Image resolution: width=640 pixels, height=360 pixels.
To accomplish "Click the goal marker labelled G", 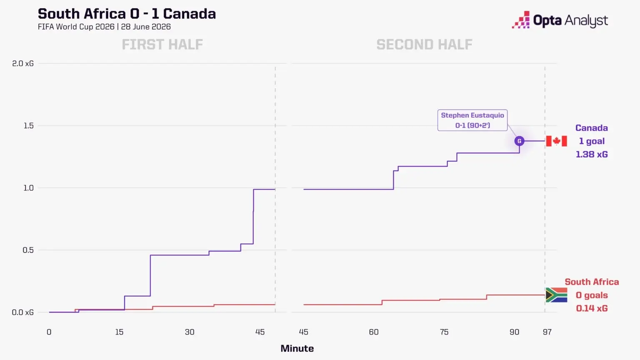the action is [519, 141].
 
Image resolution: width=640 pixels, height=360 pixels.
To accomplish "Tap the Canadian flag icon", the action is [556, 141].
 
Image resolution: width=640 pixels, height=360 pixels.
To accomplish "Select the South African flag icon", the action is [556, 295].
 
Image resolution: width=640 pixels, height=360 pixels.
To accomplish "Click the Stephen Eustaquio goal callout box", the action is [472, 120].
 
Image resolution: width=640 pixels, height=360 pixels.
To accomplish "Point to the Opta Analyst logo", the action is [560, 20].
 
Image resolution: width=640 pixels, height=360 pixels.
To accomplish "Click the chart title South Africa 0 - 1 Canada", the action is [127, 14].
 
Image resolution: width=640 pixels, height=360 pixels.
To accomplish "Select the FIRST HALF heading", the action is [162, 45].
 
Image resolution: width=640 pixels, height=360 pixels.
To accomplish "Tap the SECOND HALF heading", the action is [424, 45].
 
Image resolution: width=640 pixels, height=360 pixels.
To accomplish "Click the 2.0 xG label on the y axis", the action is [23, 63].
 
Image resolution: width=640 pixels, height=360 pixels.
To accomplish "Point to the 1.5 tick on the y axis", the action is [28, 126].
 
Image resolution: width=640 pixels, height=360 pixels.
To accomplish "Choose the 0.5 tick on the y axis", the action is [28, 250].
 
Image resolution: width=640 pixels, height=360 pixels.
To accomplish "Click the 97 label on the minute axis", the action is [547, 332].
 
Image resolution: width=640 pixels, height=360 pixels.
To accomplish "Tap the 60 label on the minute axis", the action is [374, 332].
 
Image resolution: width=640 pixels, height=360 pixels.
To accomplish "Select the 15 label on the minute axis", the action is [119, 332].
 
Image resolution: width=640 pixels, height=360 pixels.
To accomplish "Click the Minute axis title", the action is [297, 348].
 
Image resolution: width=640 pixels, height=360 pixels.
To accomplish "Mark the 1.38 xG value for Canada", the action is [592, 154].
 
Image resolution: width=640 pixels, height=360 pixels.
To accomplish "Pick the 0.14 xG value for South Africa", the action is [592, 308].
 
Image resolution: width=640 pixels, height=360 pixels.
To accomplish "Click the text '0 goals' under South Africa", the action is [592, 295].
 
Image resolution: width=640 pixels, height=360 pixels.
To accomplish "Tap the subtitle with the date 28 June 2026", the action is [104, 27].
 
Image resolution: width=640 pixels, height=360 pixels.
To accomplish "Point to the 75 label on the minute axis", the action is [444, 332].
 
